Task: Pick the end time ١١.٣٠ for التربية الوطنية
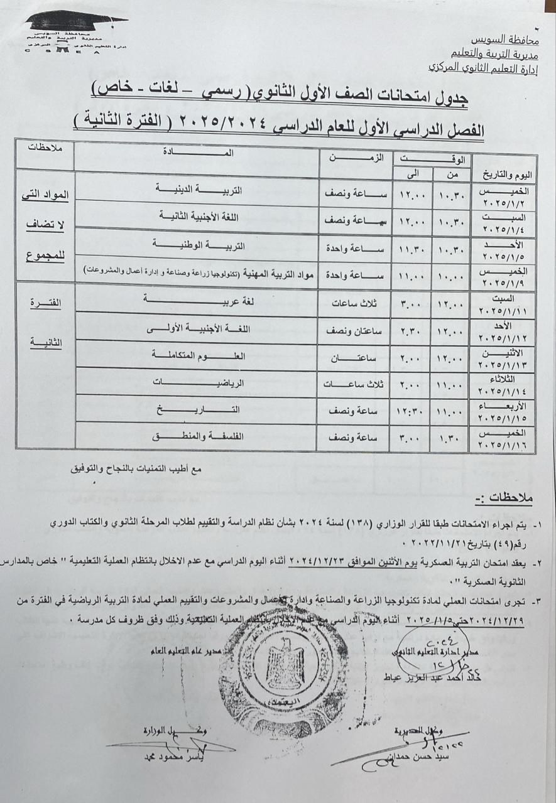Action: click(x=412, y=249)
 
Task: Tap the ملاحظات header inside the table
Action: click(x=44, y=148)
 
